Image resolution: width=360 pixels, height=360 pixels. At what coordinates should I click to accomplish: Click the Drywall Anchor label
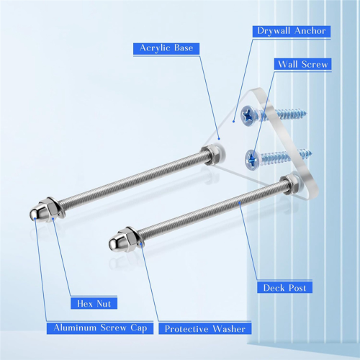click(x=292, y=31)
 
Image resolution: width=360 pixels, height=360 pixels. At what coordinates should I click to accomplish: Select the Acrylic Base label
click(x=166, y=48)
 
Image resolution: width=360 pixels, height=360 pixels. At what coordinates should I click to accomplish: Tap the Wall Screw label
click(x=303, y=64)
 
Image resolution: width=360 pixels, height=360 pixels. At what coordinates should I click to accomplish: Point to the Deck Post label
click(x=284, y=287)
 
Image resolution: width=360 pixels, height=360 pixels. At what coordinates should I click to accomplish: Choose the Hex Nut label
click(x=94, y=304)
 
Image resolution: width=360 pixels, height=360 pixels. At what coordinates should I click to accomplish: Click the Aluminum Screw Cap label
click(x=100, y=328)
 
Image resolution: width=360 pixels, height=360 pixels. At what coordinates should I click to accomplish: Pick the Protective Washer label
click(x=205, y=328)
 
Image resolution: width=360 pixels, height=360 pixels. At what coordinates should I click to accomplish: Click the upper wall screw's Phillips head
click(x=248, y=116)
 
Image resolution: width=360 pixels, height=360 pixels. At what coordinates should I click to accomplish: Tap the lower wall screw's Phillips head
click(x=251, y=158)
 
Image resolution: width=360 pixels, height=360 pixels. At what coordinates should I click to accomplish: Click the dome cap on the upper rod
click(x=35, y=213)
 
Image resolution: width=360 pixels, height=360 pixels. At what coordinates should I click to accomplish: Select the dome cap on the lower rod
click(x=114, y=243)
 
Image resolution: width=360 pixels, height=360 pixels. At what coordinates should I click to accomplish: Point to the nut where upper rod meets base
click(x=211, y=154)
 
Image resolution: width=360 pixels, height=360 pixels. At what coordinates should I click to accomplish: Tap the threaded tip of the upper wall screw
click(x=305, y=112)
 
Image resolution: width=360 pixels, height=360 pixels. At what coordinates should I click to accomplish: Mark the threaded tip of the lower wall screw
click(x=310, y=152)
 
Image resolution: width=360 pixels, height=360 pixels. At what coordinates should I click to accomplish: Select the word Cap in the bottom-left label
click(x=139, y=328)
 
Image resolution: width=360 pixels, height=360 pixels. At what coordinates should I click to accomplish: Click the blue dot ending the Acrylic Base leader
click(x=219, y=138)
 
